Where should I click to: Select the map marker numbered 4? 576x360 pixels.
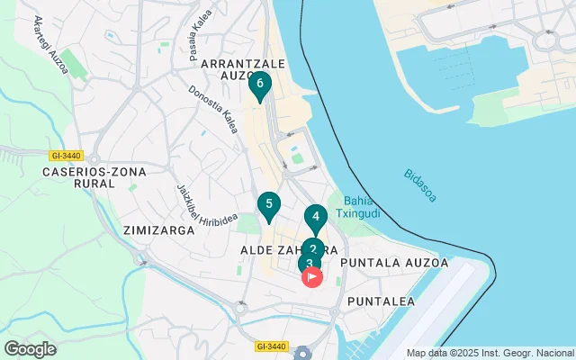[x=315, y=217]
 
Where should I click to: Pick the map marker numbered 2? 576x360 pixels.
[x=312, y=248]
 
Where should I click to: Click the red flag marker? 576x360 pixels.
[x=313, y=277]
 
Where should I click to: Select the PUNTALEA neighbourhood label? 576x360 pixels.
[x=381, y=301]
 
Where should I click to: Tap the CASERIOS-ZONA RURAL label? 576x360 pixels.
[x=80, y=176]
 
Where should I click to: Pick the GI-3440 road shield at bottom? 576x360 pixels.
[x=270, y=346]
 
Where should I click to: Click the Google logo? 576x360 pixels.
[x=30, y=349]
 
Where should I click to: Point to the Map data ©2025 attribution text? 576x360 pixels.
[x=490, y=353]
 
